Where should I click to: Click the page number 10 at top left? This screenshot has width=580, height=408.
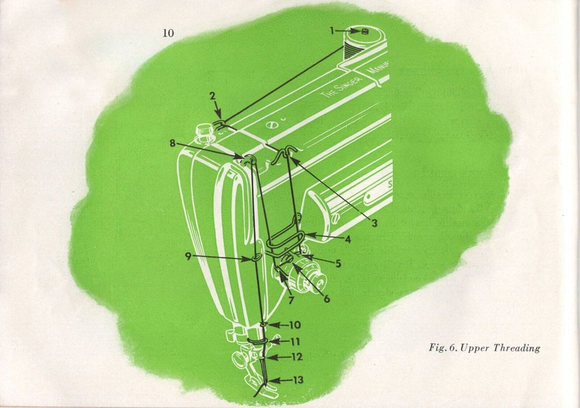click(168, 33)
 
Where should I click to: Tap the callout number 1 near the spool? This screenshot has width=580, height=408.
click(333, 32)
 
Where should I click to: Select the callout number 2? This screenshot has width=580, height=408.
click(211, 96)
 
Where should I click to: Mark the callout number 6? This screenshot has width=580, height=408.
click(327, 299)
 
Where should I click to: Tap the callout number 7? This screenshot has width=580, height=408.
click(291, 301)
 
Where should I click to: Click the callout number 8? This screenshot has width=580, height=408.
click(172, 144)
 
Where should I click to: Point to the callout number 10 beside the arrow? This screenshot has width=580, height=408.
click(295, 325)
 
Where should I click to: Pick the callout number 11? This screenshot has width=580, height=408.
click(295, 341)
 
